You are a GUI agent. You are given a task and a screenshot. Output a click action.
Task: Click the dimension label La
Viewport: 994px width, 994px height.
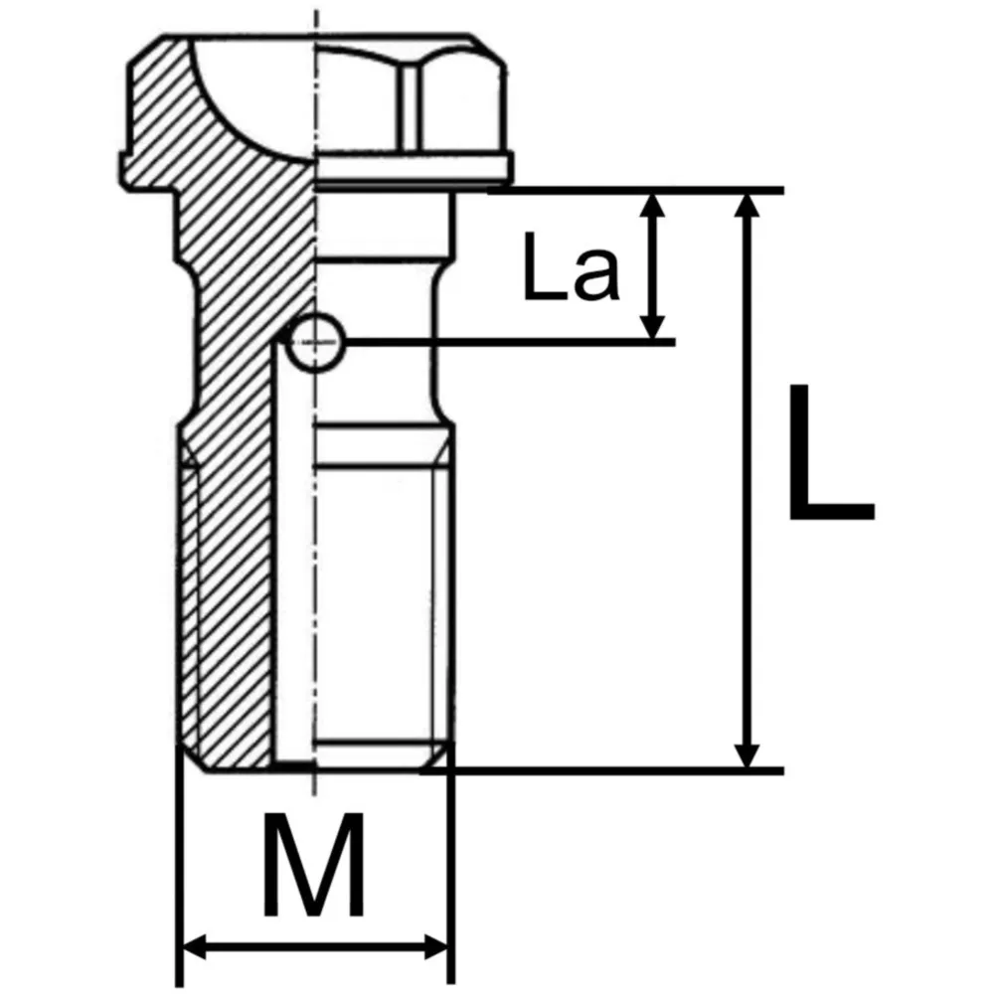click(570, 266)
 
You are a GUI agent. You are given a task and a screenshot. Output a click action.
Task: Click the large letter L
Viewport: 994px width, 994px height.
click(830, 451)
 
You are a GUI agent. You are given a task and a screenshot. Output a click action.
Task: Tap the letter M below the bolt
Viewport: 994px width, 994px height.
click(314, 864)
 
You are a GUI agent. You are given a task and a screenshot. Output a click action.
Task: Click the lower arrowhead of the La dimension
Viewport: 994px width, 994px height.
click(654, 325)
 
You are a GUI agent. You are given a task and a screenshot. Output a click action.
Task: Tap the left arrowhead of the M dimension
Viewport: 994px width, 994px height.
click(195, 946)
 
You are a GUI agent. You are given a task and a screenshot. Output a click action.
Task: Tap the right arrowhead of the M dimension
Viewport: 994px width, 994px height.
click(435, 946)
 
